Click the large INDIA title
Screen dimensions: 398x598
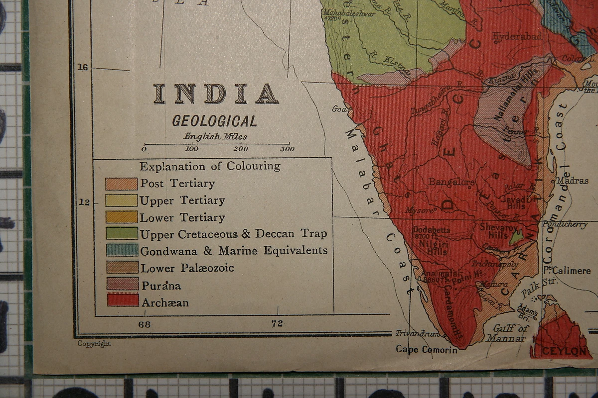coord(216,94)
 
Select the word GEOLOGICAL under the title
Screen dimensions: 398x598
coord(215,121)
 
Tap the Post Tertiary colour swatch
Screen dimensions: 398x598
coord(121,184)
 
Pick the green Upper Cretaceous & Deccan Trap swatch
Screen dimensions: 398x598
coord(121,233)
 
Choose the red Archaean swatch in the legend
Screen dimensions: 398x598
coord(123,300)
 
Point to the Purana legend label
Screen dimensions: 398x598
coord(161,286)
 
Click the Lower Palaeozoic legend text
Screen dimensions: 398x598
coord(187,268)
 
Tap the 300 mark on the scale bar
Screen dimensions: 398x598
coord(287,149)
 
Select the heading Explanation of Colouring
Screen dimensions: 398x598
coord(210,166)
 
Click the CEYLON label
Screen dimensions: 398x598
coord(564,351)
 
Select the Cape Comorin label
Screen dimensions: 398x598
coord(426,350)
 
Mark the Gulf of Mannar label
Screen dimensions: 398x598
coord(510,333)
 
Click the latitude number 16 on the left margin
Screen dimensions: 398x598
coord(83,67)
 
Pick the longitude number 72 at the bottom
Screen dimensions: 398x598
coord(277,323)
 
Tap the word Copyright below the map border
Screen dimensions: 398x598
coord(94,343)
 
